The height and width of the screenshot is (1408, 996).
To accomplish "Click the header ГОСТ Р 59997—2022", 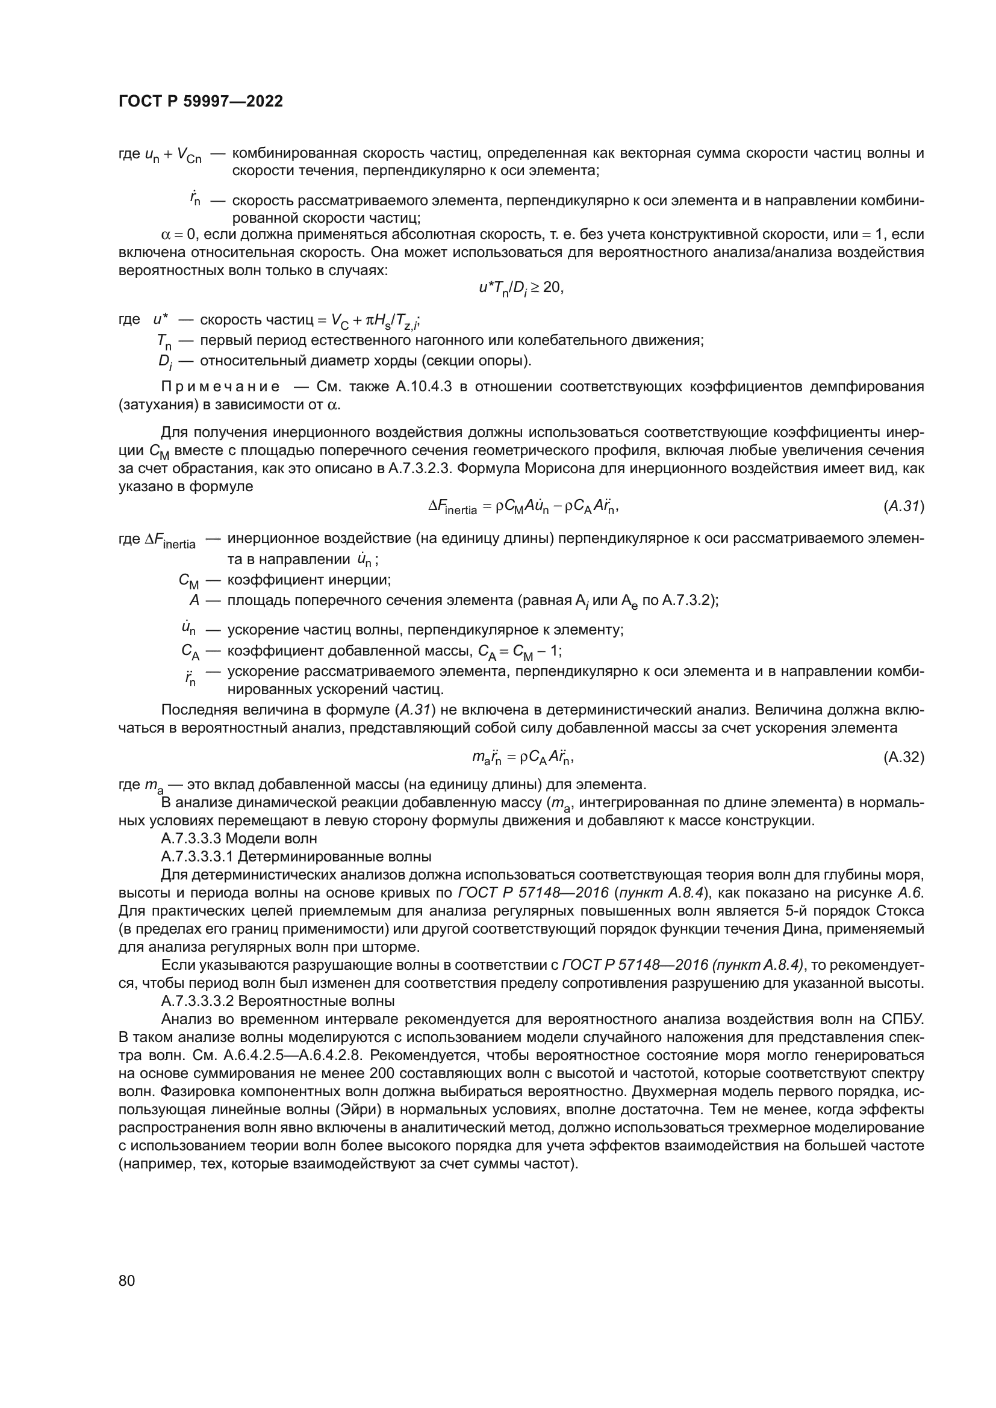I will [201, 102].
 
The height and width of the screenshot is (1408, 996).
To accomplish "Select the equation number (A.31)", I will [903, 506].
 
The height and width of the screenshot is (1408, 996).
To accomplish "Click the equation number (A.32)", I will [903, 757].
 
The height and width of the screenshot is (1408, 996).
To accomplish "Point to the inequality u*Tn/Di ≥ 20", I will [521, 288].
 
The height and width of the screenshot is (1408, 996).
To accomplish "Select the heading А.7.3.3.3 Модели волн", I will [239, 839].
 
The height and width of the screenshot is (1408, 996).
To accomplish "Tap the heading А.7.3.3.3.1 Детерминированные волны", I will [296, 856].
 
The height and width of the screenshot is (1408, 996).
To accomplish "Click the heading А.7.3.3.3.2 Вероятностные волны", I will [277, 1002].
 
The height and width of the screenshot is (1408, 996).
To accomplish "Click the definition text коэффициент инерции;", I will [309, 580].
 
